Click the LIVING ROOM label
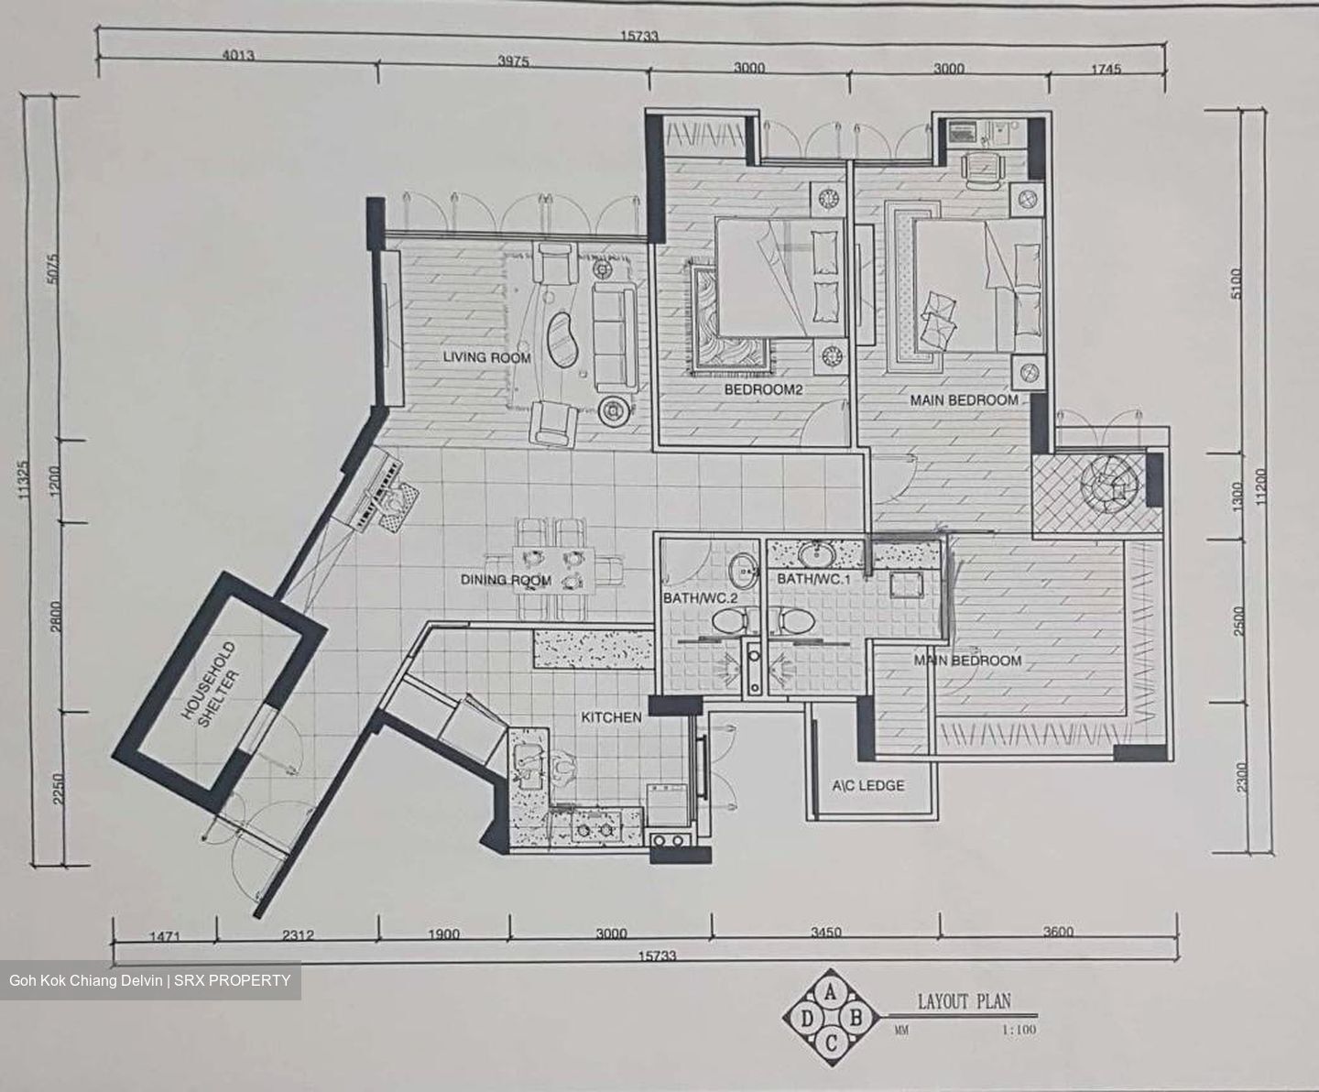(x=486, y=357)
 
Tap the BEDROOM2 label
(x=763, y=389)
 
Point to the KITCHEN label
(x=611, y=717)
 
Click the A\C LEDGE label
(x=868, y=785)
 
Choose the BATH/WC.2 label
(x=700, y=598)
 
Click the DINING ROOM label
(x=506, y=580)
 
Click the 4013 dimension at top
(x=238, y=56)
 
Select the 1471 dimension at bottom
(x=165, y=936)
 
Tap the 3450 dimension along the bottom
(x=825, y=933)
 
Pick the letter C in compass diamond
(x=832, y=1043)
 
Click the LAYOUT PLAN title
(x=964, y=1001)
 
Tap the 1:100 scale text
(x=1019, y=1030)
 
